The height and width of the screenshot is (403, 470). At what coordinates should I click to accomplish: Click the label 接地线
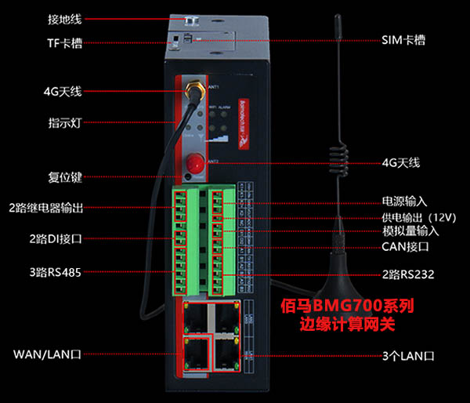[x=65, y=18]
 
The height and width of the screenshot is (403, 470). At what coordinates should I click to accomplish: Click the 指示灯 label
[x=65, y=123]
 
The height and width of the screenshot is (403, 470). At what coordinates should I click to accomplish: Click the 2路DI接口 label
[x=56, y=238]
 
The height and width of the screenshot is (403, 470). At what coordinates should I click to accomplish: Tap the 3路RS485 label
[x=56, y=273]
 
